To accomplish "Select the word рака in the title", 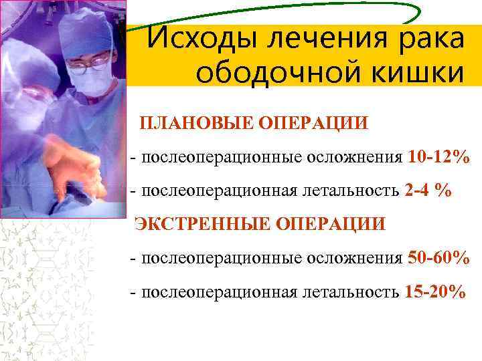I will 427,38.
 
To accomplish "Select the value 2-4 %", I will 428,191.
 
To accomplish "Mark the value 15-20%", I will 435,292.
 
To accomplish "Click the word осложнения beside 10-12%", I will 355,158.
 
